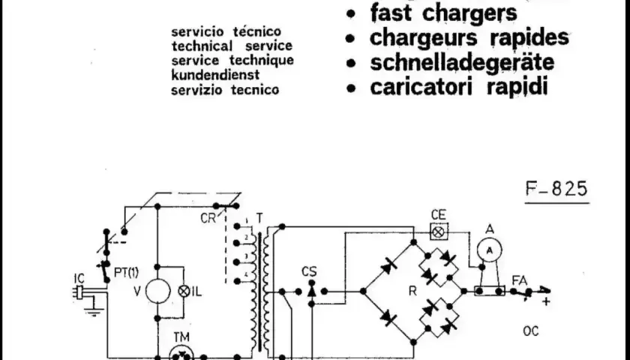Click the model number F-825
556,189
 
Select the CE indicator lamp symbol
439,232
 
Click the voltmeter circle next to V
157,291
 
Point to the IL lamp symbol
184,291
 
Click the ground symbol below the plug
94,308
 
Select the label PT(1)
126,273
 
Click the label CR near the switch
208,218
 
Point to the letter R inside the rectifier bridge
412,291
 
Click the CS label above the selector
309,271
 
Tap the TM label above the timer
181,337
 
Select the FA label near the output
520,280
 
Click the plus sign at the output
546,301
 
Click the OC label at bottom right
531,331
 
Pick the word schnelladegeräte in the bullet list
462,62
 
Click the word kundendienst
215,75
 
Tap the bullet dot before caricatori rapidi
351,88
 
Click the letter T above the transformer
259,218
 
